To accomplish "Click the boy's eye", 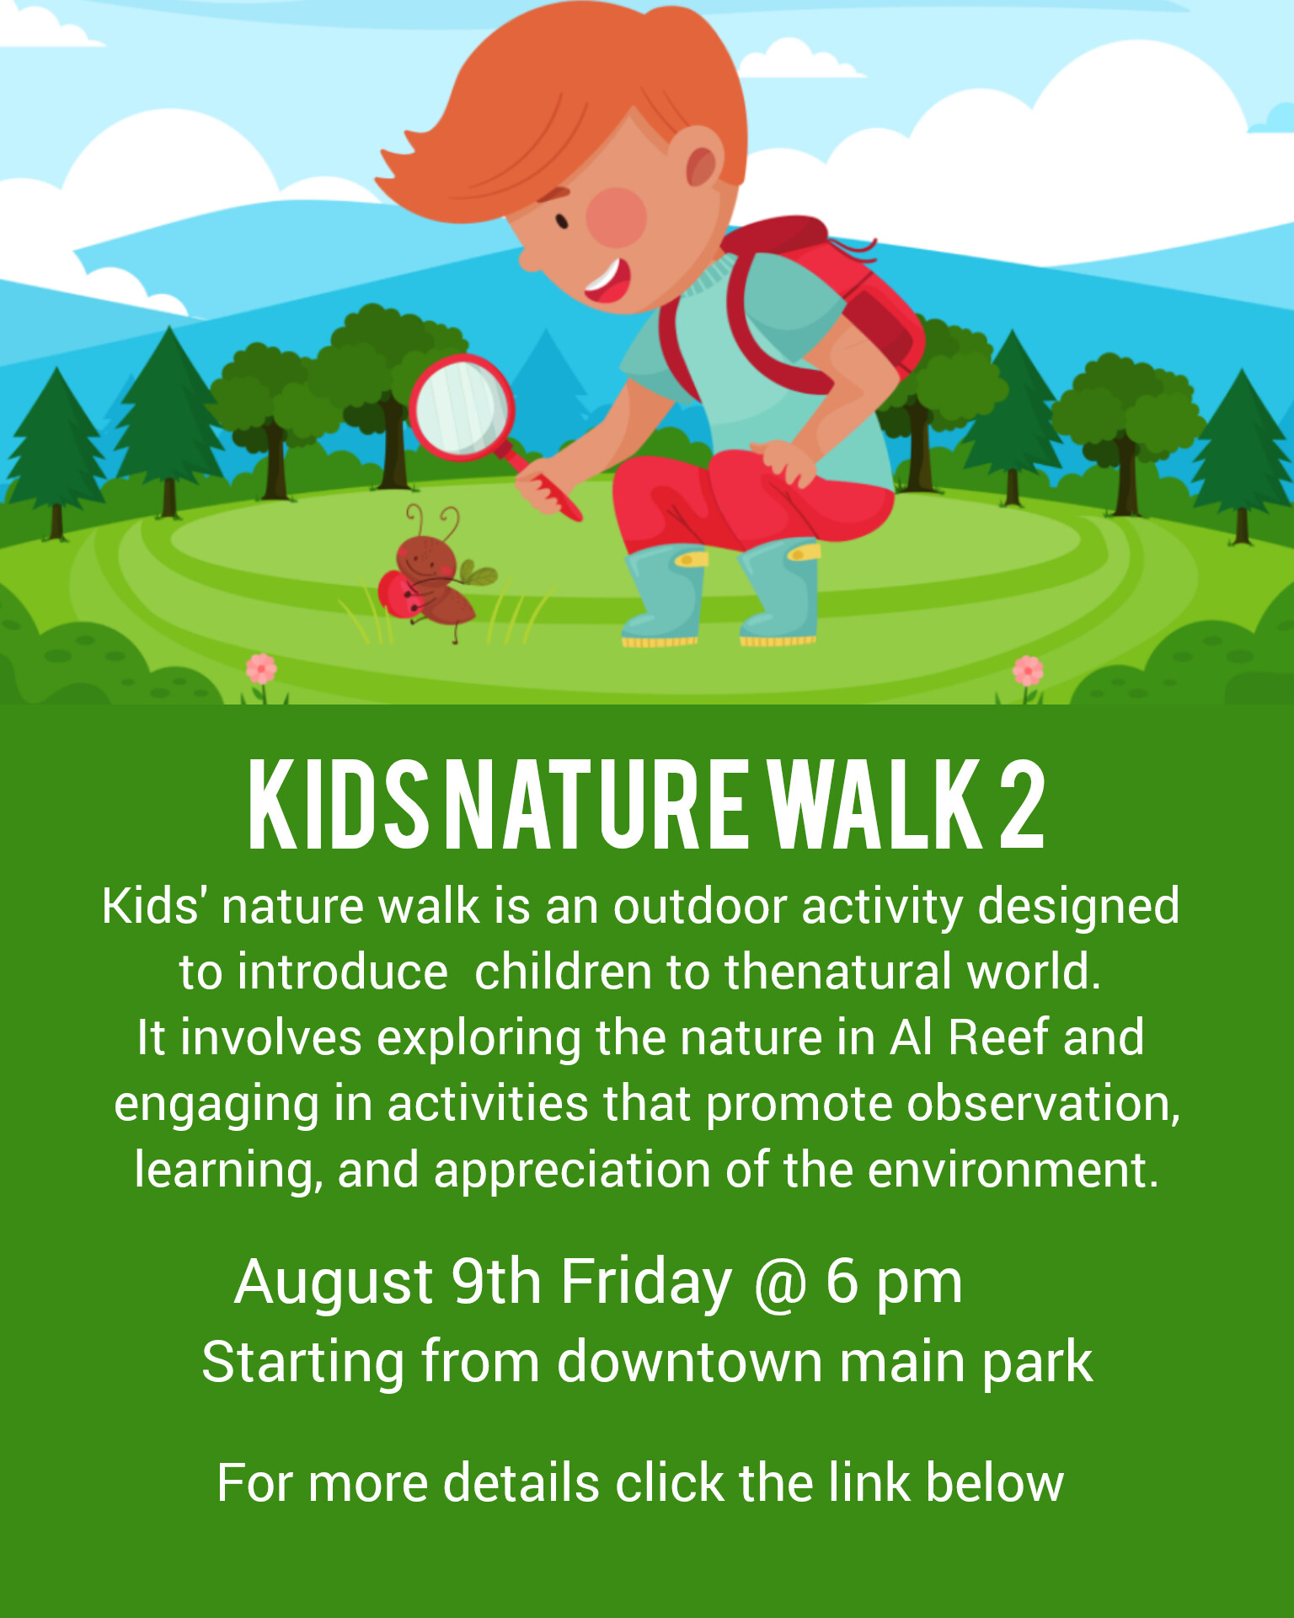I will click(561, 222).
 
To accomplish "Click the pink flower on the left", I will click(261, 669).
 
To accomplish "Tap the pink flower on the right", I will click(1028, 671).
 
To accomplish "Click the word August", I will click(334, 1283).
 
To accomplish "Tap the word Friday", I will click(646, 1283).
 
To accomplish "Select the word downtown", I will click(690, 1362).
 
